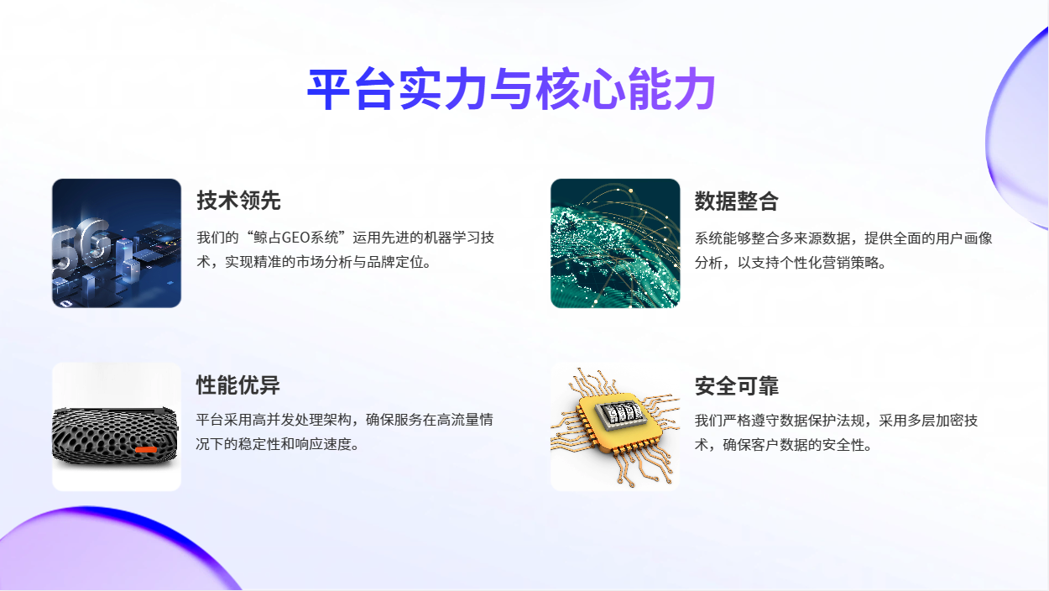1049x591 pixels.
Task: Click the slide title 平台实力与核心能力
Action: click(x=511, y=89)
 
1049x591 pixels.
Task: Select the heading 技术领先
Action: click(x=238, y=201)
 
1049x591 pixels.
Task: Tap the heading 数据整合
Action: click(x=736, y=201)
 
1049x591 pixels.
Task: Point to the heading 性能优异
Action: click(x=237, y=385)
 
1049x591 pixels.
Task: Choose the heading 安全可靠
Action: click(x=736, y=386)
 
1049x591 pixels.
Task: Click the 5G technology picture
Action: click(x=117, y=243)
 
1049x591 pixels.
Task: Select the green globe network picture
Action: click(x=615, y=243)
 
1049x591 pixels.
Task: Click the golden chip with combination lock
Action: click(x=615, y=426)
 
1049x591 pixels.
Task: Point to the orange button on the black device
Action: click(x=146, y=450)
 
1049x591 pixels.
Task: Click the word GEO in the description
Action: click(x=295, y=238)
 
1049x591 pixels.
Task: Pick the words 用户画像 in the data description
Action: click(x=963, y=238)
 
